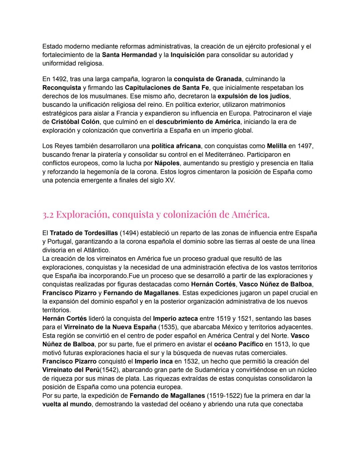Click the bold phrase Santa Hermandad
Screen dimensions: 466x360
[129, 55]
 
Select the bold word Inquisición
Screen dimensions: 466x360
[187, 55]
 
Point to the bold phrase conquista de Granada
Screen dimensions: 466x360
[208, 79]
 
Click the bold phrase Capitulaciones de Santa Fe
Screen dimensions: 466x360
[167, 88]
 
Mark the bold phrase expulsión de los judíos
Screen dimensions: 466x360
[254, 96]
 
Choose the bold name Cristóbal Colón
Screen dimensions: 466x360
[75, 122]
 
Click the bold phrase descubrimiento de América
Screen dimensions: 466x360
[198, 122]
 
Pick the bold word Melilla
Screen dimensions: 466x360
[277, 146]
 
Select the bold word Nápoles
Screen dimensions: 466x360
[167, 163]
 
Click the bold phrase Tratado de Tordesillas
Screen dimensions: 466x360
[84, 233]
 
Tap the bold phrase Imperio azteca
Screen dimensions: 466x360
[175, 319]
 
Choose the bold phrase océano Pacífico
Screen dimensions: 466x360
[238, 344]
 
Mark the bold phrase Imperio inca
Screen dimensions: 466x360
[154, 361]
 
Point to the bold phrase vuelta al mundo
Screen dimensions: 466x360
[67, 404]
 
